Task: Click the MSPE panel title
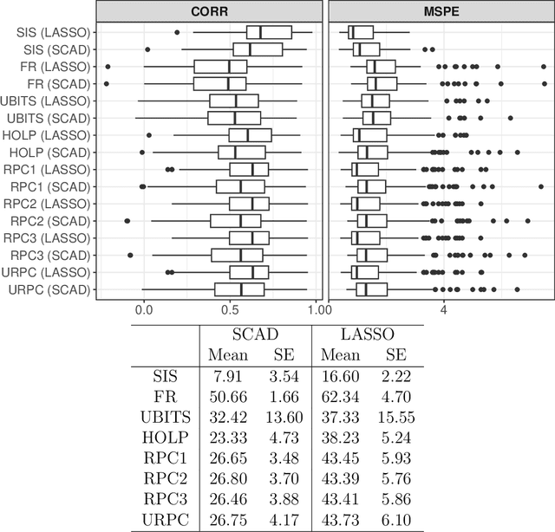(439, 11)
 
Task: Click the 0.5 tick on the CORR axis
(230, 308)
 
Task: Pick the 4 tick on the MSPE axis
(443, 308)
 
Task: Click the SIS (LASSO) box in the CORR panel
(269, 33)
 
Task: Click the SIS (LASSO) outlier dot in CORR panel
(177, 32)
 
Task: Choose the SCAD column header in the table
(253, 334)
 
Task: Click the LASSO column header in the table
(364, 334)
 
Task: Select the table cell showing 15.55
(395, 416)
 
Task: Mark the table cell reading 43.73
(339, 520)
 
